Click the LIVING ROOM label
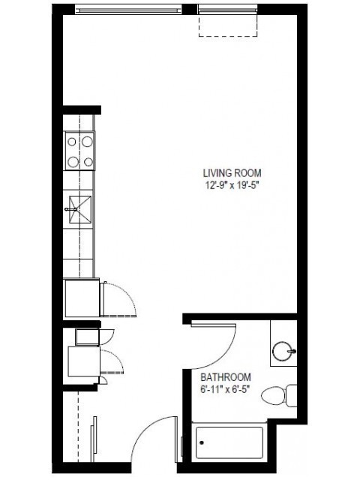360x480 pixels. point(232,173)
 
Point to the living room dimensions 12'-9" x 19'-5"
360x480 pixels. point(232,185)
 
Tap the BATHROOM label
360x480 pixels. point(226,376)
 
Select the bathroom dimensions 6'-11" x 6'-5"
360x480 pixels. point(226,389)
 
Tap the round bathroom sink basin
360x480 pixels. point(283,352)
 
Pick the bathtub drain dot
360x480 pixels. point(202,442)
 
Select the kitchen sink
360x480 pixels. point(80,209)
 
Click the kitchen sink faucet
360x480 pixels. point(70,209)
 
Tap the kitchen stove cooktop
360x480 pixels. point(79,151)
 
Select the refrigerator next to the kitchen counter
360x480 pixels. point(82,298)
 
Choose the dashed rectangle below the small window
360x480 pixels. point(228,25)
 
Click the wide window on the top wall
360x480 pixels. point(128,10)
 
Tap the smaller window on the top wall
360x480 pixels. point(228,10)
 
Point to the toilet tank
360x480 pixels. point(292,396)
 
